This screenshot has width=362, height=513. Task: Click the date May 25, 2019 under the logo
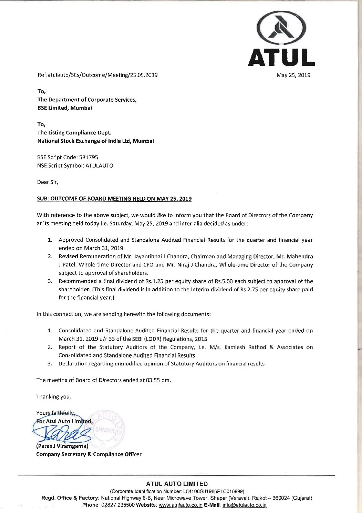293,75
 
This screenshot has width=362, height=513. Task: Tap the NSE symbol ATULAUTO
99,165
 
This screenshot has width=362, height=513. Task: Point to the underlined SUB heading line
114,199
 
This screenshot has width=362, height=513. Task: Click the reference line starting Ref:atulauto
97,75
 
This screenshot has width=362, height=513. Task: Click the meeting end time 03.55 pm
158,380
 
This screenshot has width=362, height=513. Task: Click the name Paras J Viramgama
62,446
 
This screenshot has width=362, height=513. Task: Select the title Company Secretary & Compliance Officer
89,454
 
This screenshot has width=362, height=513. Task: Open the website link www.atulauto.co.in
180,505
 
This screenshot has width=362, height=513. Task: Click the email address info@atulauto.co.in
244,505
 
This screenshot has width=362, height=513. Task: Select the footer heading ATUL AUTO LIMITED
177,484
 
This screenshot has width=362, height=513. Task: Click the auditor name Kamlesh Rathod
245,347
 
